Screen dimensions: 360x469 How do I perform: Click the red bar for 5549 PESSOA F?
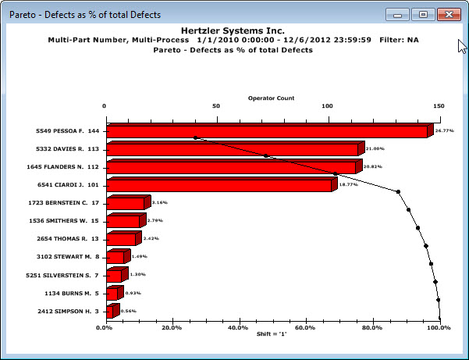click(x=265, y=131)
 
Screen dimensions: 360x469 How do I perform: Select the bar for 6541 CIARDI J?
click(x=219, y=186)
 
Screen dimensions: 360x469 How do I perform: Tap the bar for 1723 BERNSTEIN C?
click(x=125, y=204)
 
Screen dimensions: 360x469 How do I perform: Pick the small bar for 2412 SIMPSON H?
click(x=110, y=312)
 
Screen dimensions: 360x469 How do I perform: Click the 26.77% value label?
click(x=445, y=130)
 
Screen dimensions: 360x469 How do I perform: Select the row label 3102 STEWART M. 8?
click(x=69, y=257)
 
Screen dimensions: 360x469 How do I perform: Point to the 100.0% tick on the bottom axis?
click(x=439, y=327)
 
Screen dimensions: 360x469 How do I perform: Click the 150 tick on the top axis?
click(x=439, y=107)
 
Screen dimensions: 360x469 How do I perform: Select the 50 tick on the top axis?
click(x=215, y=107)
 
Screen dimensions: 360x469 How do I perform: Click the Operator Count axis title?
click(x=271, y=98)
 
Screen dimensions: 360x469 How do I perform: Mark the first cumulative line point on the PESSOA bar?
click(x=196, y=138)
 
